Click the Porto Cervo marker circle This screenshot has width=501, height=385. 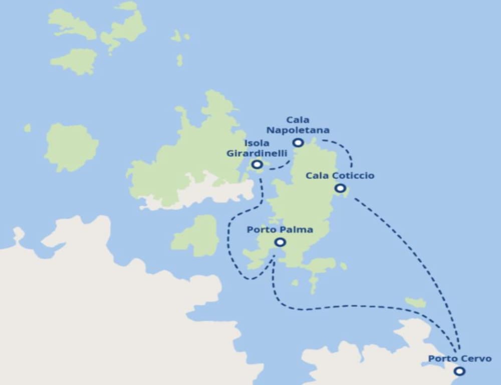point(459,371)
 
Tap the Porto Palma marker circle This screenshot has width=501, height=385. point(280,242)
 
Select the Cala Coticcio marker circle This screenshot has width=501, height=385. point(340,188)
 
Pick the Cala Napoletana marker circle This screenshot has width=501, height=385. point(298,143)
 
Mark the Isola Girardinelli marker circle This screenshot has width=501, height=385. point(257,164)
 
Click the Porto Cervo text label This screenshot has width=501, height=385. point(459,358)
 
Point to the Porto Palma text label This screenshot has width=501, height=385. point(280,230)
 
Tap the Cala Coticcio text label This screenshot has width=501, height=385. point(340,176)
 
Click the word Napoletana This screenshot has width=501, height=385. point(298,131)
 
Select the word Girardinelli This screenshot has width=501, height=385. point(257,153)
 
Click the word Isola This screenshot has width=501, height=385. point(257,143)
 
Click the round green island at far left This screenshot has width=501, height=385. point(71,147)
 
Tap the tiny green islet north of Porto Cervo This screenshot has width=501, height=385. point(415,302)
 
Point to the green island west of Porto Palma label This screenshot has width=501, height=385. point(196,235)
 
